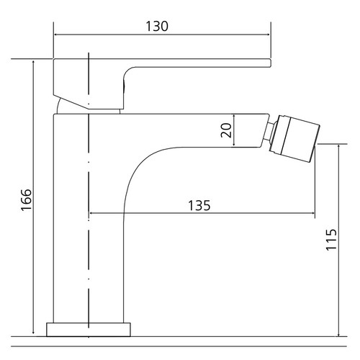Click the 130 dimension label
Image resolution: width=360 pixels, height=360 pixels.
click(x=157, y=26)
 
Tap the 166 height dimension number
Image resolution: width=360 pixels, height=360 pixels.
click(x=26, y=200)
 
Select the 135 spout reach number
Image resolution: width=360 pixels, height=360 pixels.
click(x=199, y=206)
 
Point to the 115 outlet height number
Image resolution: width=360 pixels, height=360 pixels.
click(x=331, y=240)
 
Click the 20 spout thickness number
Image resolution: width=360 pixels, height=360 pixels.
click(x=226, y=130)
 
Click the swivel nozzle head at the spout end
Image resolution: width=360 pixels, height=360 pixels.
click(x=294, y=139)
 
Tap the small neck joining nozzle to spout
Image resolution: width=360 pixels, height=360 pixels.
click(x=269, y=131)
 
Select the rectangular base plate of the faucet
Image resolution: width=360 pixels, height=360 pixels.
click(x=89, y=330)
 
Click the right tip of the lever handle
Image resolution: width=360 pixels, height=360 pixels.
click(x=271, y=63)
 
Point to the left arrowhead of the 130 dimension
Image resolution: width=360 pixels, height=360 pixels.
click(x=55, y=35)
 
